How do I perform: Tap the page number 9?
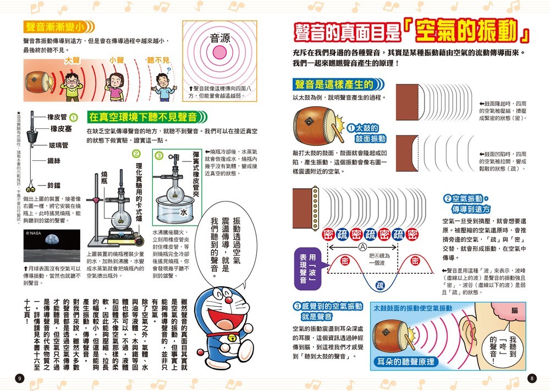(x=20, y=378)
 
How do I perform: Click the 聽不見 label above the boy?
(x=158, y=60)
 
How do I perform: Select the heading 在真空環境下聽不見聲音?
(x=143, y=117)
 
